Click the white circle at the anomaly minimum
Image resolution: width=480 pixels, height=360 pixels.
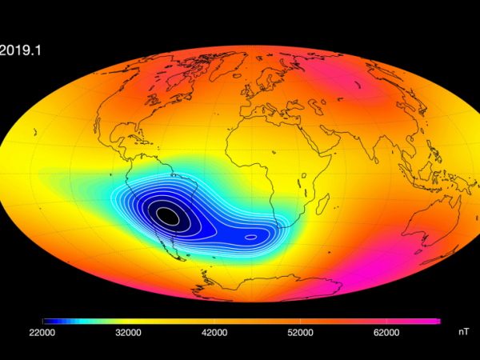point(167,214)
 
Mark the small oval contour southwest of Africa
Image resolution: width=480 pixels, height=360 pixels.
point(250,236)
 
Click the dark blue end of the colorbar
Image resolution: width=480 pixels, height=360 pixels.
point(46,321)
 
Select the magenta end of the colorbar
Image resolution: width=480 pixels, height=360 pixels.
point(436,321)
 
